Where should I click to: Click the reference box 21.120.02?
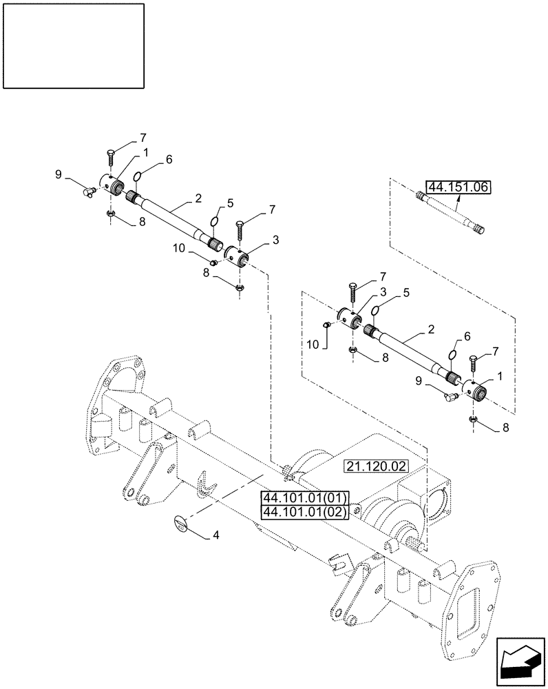click(x=376, y=467)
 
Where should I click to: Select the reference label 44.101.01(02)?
click(x=306, y=511)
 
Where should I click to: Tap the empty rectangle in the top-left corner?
click(x=74, y=45)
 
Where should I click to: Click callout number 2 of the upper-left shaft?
click(x=198, y=198)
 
